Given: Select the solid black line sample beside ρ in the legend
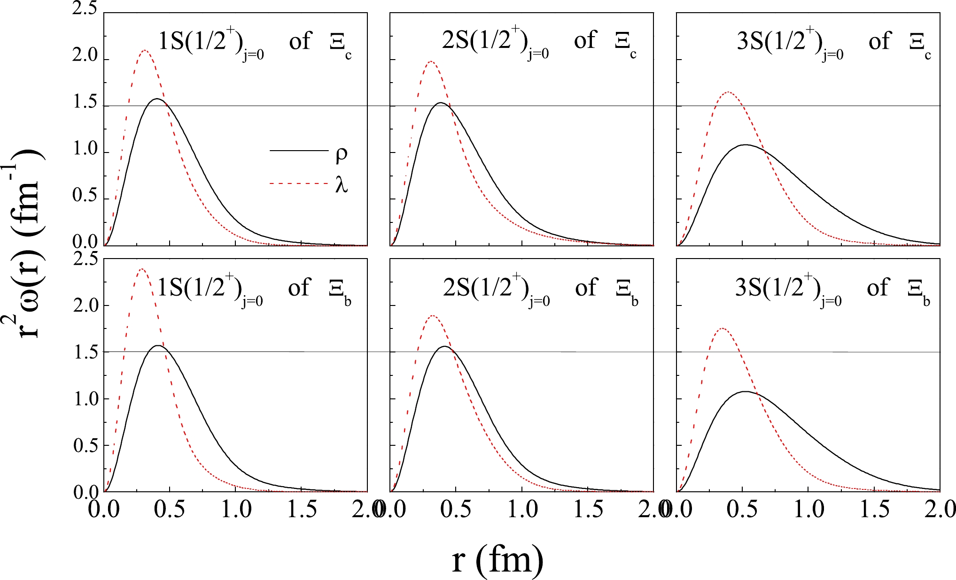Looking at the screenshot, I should click(298, 151).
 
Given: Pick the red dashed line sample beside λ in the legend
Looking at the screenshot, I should click(298, 183).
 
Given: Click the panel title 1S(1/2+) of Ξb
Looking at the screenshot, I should click(254, 290).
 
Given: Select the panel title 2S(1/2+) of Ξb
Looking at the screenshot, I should click(540, 290).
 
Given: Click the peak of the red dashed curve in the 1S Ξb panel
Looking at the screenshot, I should click(141, 269).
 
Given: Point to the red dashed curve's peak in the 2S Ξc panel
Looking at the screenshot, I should click(430, 61).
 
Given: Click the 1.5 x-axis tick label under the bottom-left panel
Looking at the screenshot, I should click(302, 510).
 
